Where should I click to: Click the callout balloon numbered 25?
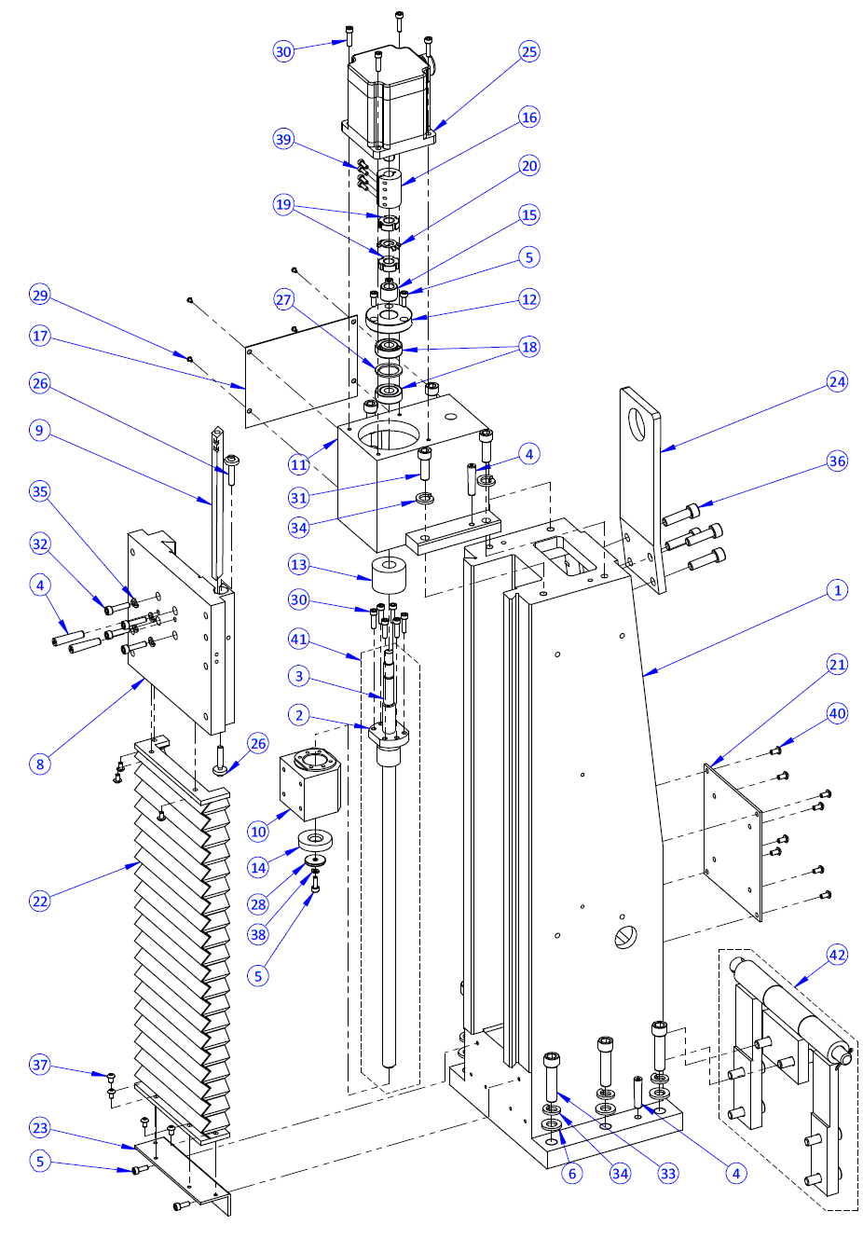(x=529, y=51)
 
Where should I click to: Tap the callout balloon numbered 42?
(x=837, y=955)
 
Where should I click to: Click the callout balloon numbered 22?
(x=39, y=901)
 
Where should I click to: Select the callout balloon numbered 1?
(x=837, y=590)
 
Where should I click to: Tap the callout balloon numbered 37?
(x=39, y=1065)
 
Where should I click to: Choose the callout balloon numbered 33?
(x=668, y=1173)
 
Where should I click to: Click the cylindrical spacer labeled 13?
(x=390, y=574)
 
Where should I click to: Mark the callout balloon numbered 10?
(x=258, y=832)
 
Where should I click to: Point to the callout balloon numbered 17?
(x=39, y=336)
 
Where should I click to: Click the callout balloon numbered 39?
(x=283, y=139)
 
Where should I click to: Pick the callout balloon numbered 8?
(x=39, y=764)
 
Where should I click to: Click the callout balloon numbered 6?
(x=572, y=1173)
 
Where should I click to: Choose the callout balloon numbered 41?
(x=298, y=639)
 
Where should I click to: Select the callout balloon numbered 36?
(x=837, y=461)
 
